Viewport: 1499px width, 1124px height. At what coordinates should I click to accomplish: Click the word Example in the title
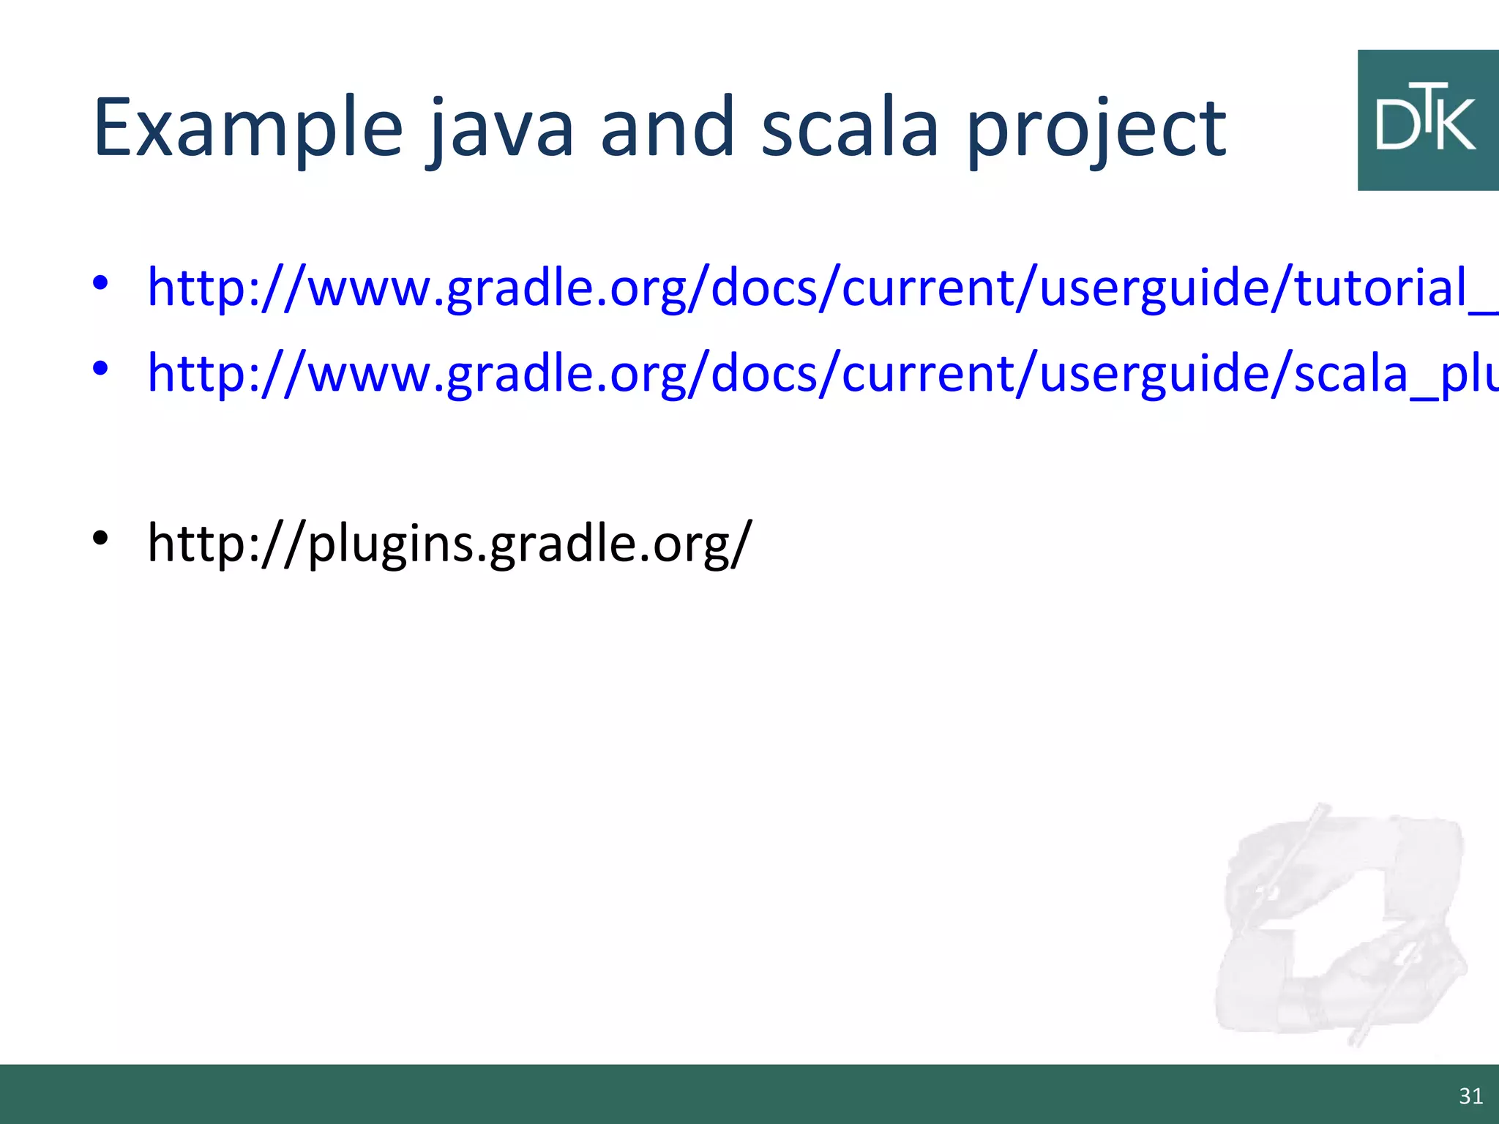point(247,129)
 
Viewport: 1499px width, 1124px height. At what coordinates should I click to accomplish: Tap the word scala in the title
point(849,129)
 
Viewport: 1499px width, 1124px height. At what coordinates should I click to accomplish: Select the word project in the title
point(1096,132)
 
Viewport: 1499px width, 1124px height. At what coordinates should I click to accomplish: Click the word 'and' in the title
point(667,129)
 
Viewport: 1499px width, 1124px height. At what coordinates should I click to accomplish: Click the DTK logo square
point(1427,120)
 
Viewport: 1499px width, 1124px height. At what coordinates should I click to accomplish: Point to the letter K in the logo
point(1457,125)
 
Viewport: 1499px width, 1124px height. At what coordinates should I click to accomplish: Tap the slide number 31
point(1470,1096)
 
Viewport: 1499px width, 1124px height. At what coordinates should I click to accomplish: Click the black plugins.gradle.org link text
point(449,543)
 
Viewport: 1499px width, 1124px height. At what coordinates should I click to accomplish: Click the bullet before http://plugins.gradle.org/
point(100,539)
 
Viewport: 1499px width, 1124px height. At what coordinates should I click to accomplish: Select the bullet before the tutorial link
point(100,282)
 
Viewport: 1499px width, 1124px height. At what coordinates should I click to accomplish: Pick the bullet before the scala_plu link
point(100,368)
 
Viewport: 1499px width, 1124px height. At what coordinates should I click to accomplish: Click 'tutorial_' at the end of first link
point(1394,287)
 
